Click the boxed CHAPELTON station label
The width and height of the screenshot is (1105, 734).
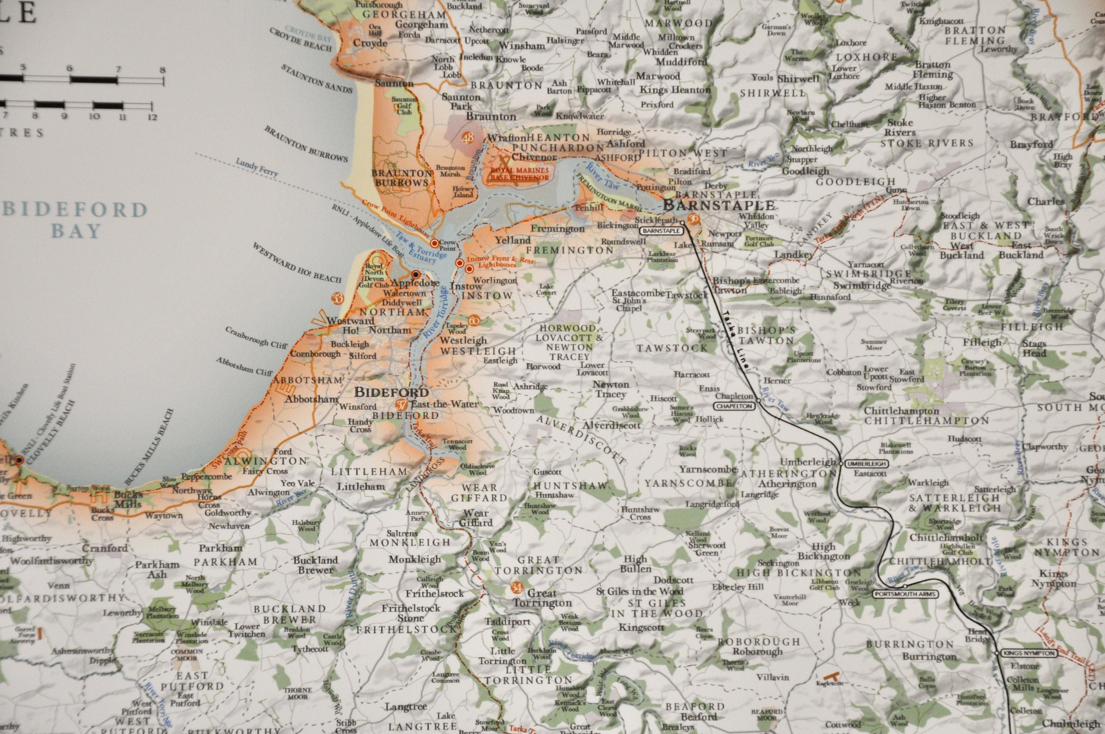tap(735, 406)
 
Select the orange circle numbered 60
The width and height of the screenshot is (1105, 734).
tap(474, 321)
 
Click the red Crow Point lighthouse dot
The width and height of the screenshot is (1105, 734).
tap(434, 243)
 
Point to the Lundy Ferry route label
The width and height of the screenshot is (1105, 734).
tap(257, 167)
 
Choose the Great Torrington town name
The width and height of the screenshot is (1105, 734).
tap(542, 598)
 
